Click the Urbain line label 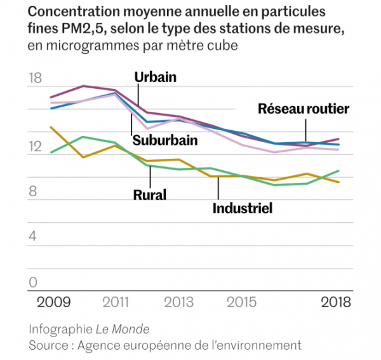[155, 77]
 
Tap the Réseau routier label [304, 109]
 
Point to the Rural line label [149, 195]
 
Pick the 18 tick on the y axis [36, 79]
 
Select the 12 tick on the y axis [36, 147]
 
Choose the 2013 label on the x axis [179, 302]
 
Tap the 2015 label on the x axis [242, 302]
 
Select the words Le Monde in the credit [123, 329]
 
